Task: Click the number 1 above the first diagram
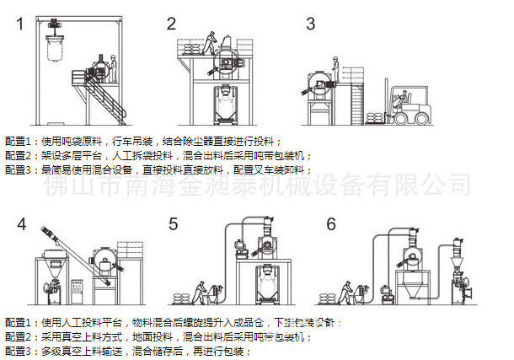[x=19, y=24]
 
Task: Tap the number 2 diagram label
[x=172, y=24]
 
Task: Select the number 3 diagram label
[x=310, y=24]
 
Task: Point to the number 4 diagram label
[x=21, y=224]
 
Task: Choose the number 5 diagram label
[x=173, y=224]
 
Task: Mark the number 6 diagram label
[x=331, y=224]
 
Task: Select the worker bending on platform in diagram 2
[x=211, y=41]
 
